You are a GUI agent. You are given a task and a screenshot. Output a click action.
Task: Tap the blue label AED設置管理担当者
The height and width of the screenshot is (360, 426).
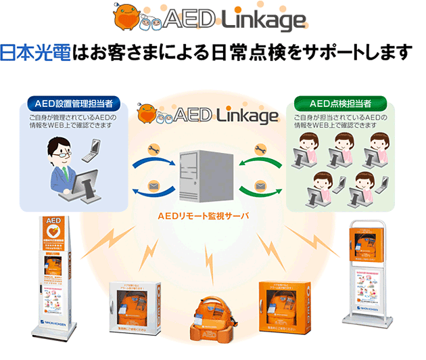point(74,104)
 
